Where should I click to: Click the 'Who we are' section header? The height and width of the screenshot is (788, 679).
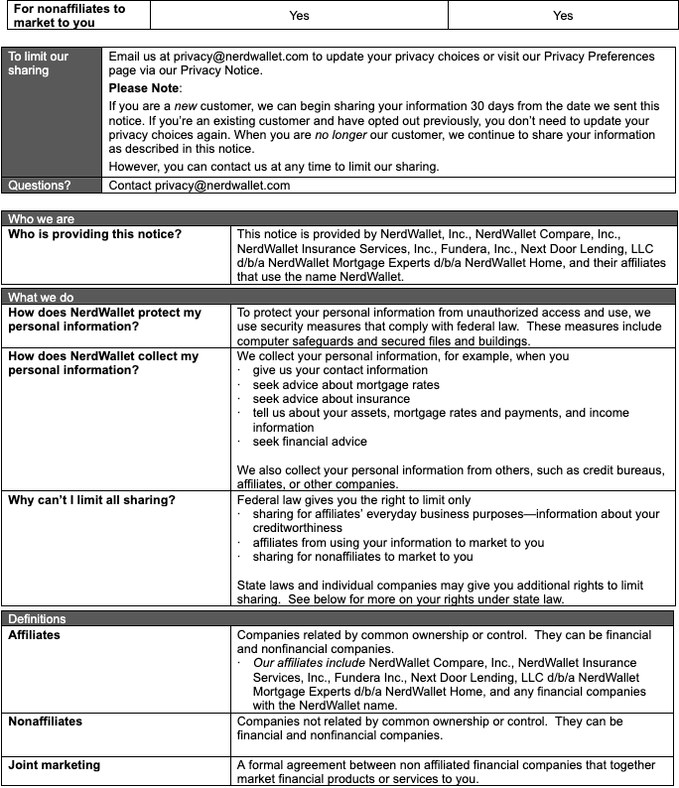tap(41, 218)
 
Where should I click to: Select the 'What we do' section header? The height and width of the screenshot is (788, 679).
tap(41, 297)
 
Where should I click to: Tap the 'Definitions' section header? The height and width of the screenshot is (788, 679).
tap(38, 619)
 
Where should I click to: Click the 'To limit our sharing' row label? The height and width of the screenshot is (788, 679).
tap(39, 64)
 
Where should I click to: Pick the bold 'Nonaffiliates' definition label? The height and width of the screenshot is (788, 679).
tap(46, 722)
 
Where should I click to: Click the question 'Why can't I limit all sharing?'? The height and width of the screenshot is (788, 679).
tap(91, 500)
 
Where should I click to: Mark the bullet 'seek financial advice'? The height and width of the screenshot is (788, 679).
tap(310, 442)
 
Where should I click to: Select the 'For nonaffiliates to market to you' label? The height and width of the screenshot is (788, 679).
tap(69, 15)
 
